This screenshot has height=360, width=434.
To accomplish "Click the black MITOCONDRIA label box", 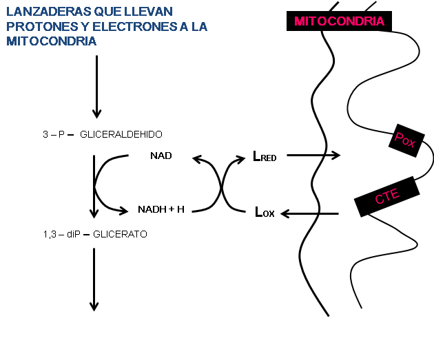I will pos(339,21).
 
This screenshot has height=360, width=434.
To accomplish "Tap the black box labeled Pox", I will pos(405,140).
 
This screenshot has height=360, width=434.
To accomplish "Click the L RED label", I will pos(265,157).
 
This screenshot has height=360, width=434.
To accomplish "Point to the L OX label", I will pos(265,213).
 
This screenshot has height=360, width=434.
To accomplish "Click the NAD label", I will pos(161,156).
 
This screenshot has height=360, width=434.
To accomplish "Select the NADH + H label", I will pos(161,209).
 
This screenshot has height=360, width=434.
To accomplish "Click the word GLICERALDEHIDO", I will pos(121,134).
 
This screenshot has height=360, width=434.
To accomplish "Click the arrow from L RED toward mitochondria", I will pos(313,156).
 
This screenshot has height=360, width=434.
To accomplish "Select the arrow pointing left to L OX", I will pos(310,213).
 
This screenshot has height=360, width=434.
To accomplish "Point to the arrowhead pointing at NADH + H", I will pos(125,210).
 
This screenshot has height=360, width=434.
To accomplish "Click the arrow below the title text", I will pos(96,86).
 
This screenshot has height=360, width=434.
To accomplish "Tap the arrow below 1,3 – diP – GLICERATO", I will pos(94,279).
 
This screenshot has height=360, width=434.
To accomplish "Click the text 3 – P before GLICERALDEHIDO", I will pos(52,134).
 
